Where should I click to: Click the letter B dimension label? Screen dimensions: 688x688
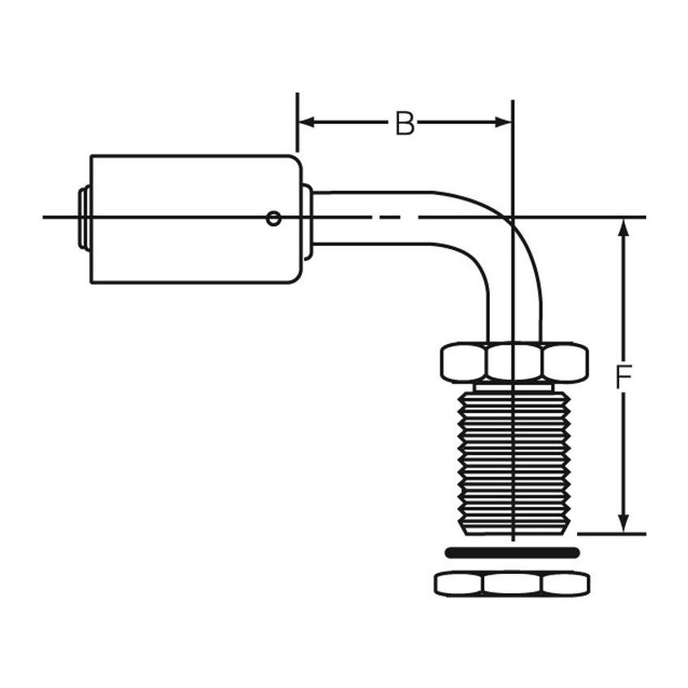[405, 124]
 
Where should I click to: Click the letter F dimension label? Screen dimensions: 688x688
[622, 377]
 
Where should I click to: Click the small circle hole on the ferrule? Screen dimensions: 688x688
[274, 218]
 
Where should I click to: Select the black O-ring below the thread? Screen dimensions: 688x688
[512, 553]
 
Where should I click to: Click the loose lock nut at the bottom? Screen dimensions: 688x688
[512, 583]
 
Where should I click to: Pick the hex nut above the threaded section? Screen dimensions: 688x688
[514, 362]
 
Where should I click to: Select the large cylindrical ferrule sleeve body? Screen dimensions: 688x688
[194, 219]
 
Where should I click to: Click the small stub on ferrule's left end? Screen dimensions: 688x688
[83, 218]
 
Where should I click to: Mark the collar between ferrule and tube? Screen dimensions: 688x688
[307, 221]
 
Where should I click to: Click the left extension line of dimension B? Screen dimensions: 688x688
[297, 121]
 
